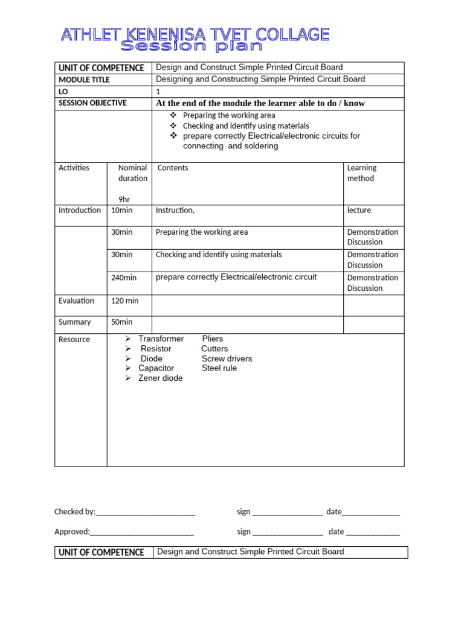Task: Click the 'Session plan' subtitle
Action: pos(192,46)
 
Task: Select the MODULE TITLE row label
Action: pos(84,80)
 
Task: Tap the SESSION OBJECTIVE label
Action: pos(92,103)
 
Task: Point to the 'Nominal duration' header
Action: pos(132,173)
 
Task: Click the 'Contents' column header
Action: pos(173,168)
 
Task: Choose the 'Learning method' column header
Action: pos(361,173)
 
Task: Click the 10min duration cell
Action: pos(122,211)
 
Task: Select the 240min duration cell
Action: pos(124,278)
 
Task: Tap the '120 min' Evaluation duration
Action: pos(125,301)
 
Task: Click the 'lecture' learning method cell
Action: pos(359,211)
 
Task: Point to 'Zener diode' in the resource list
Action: pos(160,378)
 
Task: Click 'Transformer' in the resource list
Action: pos(161,339)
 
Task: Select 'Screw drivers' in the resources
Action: pos(227,358)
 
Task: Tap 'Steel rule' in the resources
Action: pos(219,368)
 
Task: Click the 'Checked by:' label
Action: pos(75,512)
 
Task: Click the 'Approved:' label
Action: pos(72,532)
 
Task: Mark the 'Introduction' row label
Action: pos(80,211)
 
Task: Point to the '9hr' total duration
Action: pos(124,199)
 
